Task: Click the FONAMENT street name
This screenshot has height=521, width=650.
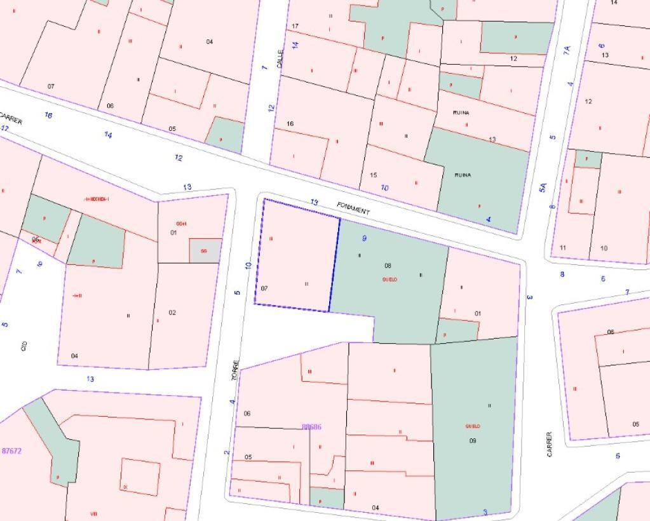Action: (353, 208)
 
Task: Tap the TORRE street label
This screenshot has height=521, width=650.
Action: (236, 370)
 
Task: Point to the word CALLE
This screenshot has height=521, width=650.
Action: (280, 59)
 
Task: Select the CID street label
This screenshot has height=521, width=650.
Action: (24, 346)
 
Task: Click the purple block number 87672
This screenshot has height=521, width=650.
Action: (11, 451)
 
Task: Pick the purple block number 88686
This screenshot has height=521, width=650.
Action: (311, 427)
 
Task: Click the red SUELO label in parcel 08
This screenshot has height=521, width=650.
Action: (389, 280)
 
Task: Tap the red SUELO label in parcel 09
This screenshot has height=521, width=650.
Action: (472, 426)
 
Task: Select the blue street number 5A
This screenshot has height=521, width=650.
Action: (543, 187)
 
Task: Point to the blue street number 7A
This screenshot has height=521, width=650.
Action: (567, 49)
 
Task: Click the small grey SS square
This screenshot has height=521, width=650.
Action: (205, 251)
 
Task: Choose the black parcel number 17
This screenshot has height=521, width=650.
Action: (295, 26)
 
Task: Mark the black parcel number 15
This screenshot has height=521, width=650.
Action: (373, 175)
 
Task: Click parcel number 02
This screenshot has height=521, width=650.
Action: (172, 313)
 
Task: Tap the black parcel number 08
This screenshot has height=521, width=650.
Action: (388, 266)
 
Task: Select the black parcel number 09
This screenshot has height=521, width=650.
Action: (472, 440)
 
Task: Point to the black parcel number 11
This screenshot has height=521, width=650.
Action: (563, 248)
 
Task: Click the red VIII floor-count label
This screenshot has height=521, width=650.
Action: (94, 513)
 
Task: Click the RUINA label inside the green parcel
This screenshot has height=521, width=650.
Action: (463, 175)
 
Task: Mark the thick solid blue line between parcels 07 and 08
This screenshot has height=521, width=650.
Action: (334, 264)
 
